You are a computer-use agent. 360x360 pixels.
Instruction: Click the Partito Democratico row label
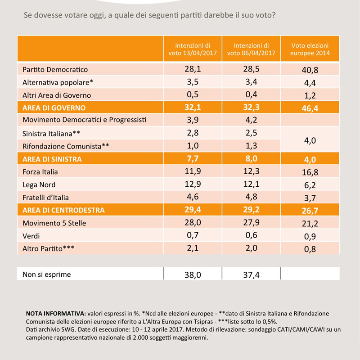(x=55, y=70)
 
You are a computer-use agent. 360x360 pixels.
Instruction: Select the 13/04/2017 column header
(x=193, y=49)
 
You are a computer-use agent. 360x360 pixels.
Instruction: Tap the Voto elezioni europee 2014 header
(x=310, y=49)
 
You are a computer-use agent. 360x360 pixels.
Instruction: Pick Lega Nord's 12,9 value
(x=193, y=184)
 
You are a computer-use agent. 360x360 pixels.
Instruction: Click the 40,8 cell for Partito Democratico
(x=310, y=70)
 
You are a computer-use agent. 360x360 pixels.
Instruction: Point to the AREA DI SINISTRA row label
(x=52, y=159)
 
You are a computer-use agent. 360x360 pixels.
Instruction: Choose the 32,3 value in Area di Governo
(x=251, y=108)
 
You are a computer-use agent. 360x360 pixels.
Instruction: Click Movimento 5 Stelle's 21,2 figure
(x=310, y=224)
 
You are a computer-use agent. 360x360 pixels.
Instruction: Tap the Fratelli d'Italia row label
(x=45, y=198)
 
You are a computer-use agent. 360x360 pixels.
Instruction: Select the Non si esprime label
(x=47, y=274)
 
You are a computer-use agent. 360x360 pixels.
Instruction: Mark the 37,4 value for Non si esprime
(x=251, y=275)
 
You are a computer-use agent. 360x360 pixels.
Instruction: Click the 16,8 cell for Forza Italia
(x=310, y=172)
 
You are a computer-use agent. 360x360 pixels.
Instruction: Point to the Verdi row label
(x=31, y=236)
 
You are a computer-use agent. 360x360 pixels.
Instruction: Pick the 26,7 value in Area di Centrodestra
(x=310, y=211)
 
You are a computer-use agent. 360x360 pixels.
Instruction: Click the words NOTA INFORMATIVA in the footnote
(x=56, y=314)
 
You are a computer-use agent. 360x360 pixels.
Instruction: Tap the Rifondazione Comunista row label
(x=66, y=146)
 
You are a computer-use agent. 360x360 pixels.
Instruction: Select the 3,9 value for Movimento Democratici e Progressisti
(x=193, y=120)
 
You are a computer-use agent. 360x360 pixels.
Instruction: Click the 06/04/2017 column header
(x=251, y=49)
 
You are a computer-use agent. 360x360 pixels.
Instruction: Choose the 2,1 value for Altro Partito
(x=193, y=248)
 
